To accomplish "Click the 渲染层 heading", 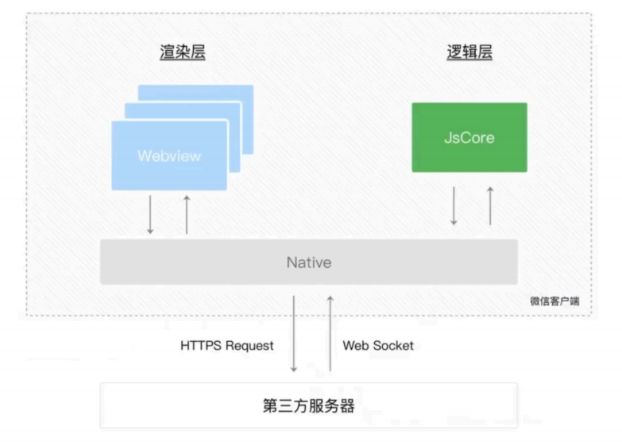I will [x=183, y=53].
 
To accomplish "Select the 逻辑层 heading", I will [x=469, y=53].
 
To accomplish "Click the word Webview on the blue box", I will [x=169, y=156].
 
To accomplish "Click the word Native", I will [x=308, y=262].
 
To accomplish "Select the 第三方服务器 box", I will [x=308, y=406].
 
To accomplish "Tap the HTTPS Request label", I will [x=226, y=346].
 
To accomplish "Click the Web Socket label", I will [x=378, y=346].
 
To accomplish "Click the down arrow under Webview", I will [x=150, y=215].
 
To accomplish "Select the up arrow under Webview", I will [x=187, y=215].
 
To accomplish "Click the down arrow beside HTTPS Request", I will [x=294, y=334].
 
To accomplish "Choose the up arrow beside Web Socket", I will [x=330, y=334].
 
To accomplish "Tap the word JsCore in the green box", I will [x=469, y=138].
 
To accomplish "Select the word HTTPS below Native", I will [x=202, y=346].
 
